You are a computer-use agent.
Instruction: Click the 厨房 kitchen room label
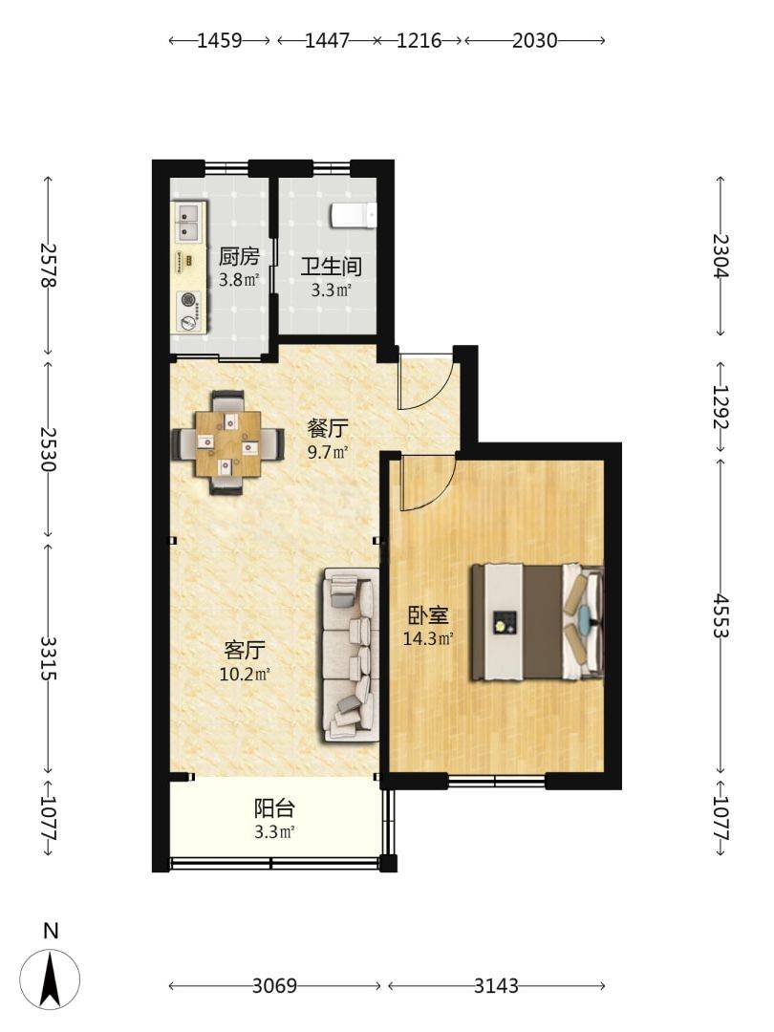[x=239, y=256]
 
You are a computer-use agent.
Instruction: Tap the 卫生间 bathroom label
[x=331, y=267]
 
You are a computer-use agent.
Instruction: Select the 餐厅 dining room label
[x=327, y=429]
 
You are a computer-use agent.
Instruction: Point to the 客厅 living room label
[x=245, y=651]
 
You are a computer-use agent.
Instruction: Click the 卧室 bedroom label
[x=428, y=615]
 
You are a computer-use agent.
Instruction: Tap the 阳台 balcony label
[x=274, y=808]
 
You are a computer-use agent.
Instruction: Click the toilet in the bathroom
[x=353, y=215]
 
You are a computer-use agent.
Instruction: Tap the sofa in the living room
[x=351, y=655]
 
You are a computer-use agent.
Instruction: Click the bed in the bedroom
[x=537, y=622]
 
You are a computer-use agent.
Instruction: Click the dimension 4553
[x=721, y=616]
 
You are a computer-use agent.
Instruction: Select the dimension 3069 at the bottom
[x=274, y=985]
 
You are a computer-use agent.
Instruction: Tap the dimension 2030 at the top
[x=534, y=41]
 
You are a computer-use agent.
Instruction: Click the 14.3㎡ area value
[x=428, y=637]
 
